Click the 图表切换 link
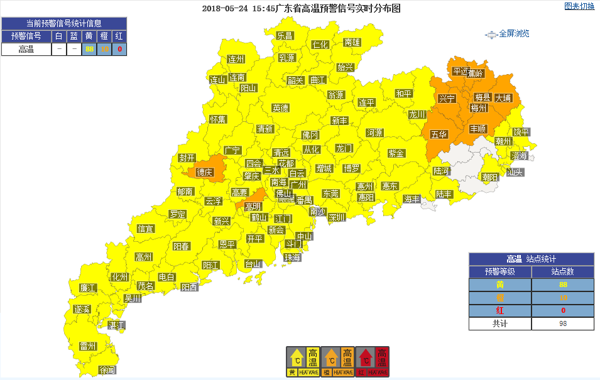pos(579,6)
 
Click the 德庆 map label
pos(204,172)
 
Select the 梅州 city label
pos(479,108)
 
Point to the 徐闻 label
pos(108,371)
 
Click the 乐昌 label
pos(285,36)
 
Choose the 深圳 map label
pos(337,217)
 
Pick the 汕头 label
pos(515,171)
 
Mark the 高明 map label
pos(253,207)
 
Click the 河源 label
pos(374,133)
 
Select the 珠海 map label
pos(292,258)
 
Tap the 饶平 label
pos(521,132)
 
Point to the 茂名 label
pos(146,286)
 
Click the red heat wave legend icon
pos(373,362)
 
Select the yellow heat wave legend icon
pos(303,362)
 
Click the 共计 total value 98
pos(562,323)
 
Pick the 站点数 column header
pos(562,272)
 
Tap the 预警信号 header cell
pos(26,36)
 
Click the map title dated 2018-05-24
pos(301,9)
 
